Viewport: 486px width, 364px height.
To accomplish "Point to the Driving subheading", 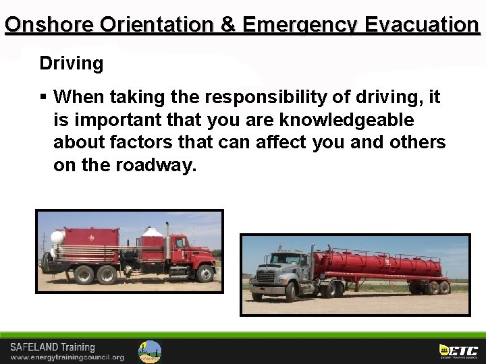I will (x=71, y=64).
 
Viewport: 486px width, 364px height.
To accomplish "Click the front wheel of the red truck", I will (x=205, y=273).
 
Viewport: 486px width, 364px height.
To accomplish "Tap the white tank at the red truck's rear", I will (x=57, y=237).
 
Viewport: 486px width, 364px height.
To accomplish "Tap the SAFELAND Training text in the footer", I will (x=52, y=347).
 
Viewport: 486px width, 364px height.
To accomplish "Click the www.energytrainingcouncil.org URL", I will (x=67, y=357).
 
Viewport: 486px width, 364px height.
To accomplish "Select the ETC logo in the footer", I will (x=458, y=351).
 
